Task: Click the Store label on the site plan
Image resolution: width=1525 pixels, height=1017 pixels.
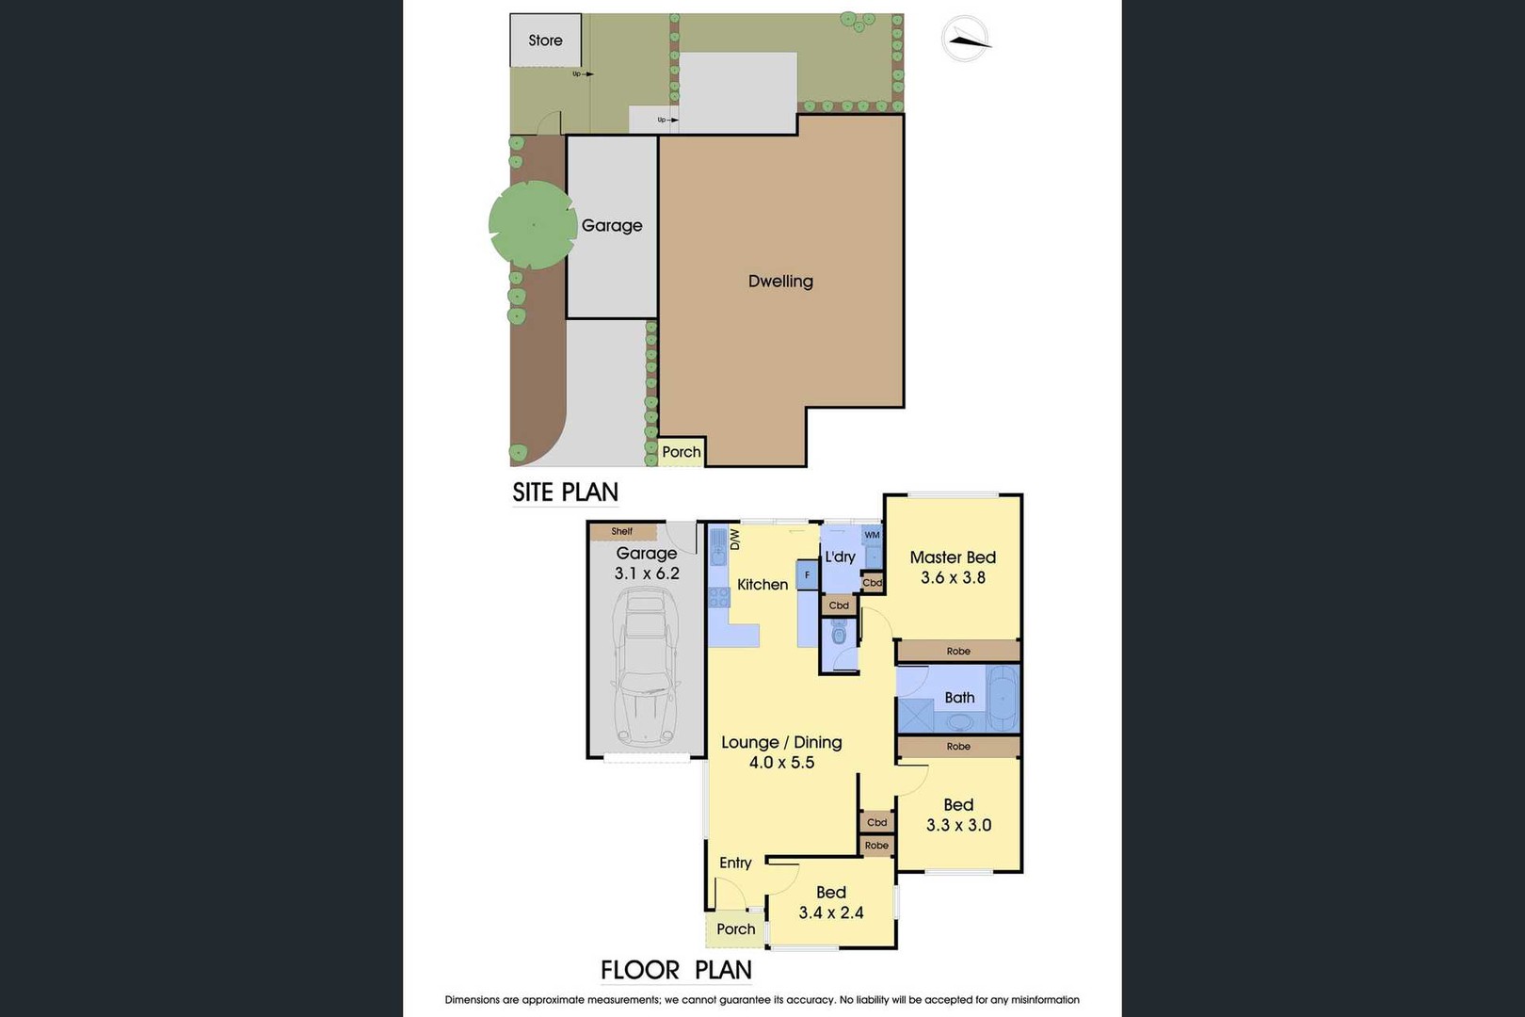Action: pyautogui.click(x=545, y=40)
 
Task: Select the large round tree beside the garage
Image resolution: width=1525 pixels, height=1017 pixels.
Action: pyautogui.click(x=533, y=225)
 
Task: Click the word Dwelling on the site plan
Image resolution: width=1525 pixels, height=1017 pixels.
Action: pyautogui.click(x=780, y=281)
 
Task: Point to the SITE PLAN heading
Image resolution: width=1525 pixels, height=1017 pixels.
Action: pyautogui.click(x=565, y=492)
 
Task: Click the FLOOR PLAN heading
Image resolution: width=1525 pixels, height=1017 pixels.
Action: pyautogui.click(x=676, y=969)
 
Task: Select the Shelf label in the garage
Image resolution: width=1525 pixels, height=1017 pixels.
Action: pyautogui.click(x=621, y=531)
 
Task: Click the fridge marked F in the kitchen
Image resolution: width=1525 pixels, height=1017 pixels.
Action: pyautogui.click(x=807, y=575)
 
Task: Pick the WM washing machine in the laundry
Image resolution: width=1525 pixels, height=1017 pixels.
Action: pyautogui.click(x=872, y=535)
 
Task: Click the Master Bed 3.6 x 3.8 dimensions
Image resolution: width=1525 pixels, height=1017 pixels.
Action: pyautogui.click(x=953, y=577)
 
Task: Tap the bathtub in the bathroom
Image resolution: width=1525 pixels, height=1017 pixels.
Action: pyautogui.click(x=1003, y=699)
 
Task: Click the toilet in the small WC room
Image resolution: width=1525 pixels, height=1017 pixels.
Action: pyautogui.click(x=838, y=634)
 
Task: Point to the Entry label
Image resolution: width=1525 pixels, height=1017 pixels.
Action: pyautogui.click(x=735, y=863)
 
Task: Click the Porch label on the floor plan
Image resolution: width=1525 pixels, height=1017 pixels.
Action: pyautogui.click(x=735, y=929)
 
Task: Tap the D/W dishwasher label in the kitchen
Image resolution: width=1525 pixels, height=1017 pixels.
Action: pyautogui.click(x=734, y=540)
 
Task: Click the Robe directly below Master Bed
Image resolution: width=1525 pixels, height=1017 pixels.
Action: pyautogui.click(x=958, y=652)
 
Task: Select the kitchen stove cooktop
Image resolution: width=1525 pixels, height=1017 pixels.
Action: pyautogui.click(x=719, y=597)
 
